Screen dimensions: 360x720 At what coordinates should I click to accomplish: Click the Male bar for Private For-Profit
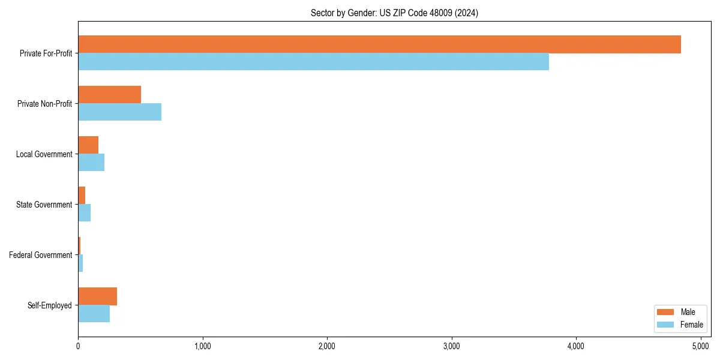point(379,44)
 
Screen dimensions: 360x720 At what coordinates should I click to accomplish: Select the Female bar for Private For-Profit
point(313,62)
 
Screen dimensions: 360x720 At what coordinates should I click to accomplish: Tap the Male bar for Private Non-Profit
point(109,95)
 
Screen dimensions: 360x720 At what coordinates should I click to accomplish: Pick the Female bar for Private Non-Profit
point(119,112)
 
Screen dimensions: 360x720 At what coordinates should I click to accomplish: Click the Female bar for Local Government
point(91,163)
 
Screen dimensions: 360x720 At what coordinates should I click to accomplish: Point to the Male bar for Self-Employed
point(97,296)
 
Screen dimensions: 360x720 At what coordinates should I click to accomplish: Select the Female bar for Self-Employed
point(94,314)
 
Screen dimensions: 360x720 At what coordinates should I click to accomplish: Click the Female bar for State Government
point(84,213)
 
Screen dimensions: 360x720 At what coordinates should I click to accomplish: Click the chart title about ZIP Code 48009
point(394,13)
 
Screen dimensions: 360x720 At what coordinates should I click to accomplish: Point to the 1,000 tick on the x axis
point(202,346)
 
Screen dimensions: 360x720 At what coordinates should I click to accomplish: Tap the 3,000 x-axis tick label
point(451,346)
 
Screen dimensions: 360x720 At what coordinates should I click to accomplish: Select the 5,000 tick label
point(700,346)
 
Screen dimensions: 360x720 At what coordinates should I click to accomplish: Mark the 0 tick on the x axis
point(78,346)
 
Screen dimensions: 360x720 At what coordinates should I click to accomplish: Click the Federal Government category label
point(41,255)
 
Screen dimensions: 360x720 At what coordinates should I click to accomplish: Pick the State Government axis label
point(44,205)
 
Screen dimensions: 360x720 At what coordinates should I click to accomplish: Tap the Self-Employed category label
point(50,305)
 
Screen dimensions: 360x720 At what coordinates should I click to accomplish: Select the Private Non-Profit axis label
point(44,104)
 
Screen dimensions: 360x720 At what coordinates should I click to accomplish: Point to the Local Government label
point(44,154)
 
